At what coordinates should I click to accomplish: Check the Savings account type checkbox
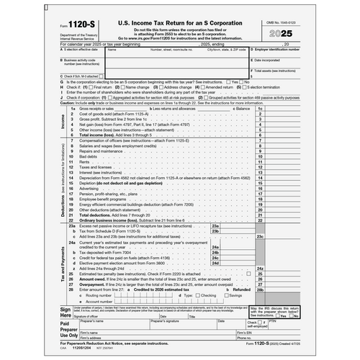pyautogui.click(x=224, y=294)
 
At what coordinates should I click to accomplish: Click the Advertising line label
pyautogui.click(x=91, y=189)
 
